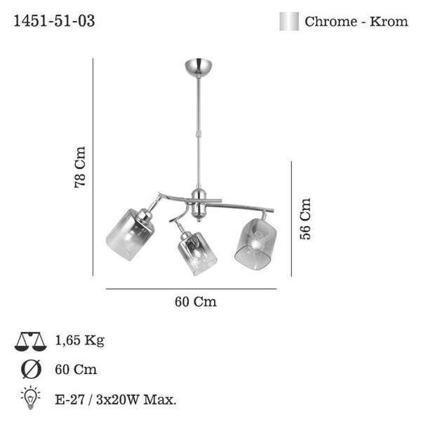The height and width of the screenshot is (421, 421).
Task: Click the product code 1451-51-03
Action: click(54, 21)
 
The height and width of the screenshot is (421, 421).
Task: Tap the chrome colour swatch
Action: click(289, 21)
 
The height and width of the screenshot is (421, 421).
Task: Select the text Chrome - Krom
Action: click(356, 22)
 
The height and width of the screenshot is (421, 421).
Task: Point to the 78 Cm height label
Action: click(80, 167)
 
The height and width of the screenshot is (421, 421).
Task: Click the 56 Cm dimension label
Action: click(305, 219)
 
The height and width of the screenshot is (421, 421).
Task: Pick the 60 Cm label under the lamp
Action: click(196, 302)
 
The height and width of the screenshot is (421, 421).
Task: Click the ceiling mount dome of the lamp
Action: click(199, 66)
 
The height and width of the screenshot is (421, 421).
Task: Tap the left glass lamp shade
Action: click(130, 234)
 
